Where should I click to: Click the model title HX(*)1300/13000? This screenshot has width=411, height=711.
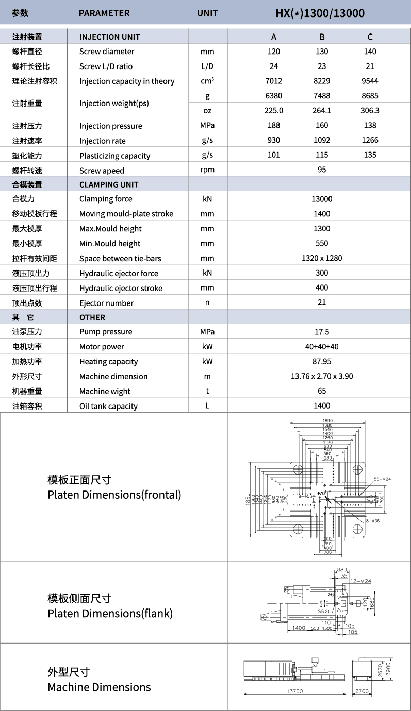coord(320,13)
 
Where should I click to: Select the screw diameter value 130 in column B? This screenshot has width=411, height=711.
coord(322,52)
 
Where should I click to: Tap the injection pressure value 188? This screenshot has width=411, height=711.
coord(274,125)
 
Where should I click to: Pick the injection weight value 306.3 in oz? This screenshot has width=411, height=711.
coord(370,110)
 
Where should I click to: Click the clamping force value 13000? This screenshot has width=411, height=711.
coord(322,199)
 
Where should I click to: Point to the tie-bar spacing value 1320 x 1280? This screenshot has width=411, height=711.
coord(322,258)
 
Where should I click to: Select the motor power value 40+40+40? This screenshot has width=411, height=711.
coord(322,347)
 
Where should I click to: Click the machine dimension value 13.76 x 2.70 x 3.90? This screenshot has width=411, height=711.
coord(322,376)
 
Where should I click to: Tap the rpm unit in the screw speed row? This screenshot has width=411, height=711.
coord(207,170)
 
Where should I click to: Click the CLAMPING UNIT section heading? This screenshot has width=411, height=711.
coord(109,184)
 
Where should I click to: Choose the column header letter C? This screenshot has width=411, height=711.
coord(370,37)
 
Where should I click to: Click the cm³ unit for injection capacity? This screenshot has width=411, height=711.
coord(207,81)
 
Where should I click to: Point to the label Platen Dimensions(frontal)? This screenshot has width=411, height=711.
coord(114,495)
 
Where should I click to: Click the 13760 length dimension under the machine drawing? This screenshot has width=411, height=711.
coord(294,691)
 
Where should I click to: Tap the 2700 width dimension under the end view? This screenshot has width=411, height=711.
coord(362,691)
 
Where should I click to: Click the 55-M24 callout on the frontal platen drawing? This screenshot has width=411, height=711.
coord(382,479)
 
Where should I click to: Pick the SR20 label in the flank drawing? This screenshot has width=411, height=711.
coord(324,611)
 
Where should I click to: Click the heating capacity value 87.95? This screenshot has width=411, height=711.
coord(322,361)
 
